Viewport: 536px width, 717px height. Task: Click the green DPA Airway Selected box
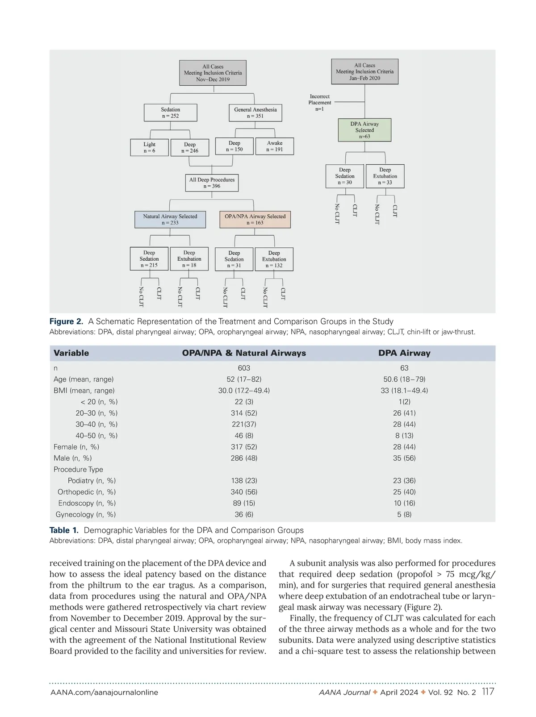pos(364,130)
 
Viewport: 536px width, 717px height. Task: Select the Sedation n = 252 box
pos(170,113)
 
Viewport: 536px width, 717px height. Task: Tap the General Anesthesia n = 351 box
pos(255,113)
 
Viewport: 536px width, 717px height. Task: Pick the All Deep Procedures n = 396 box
pos(212,183)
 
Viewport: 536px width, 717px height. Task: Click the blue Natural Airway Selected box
pos(170,219)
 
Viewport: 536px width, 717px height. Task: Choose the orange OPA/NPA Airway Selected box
pos(255,219)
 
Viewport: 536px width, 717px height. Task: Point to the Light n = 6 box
pos(149,147)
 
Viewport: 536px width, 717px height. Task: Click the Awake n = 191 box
pos(274,146)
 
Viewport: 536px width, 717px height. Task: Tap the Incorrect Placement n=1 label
pos(319,102)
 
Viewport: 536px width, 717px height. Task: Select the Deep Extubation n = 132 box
pos(274,259)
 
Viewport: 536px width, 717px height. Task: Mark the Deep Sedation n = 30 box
pos(344,176)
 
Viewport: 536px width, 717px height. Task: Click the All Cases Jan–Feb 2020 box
pos(364,71)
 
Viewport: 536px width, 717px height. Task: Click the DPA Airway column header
pos(404,353)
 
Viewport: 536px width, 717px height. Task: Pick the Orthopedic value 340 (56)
pos(244,492)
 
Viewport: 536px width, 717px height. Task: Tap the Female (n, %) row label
pos(76,447)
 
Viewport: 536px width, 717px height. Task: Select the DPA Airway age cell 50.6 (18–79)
pos(404,379)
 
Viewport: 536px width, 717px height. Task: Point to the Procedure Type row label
pos(78,469)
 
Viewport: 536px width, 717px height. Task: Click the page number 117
pos(488,692)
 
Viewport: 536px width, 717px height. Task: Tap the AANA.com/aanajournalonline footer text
pos(104,692)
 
